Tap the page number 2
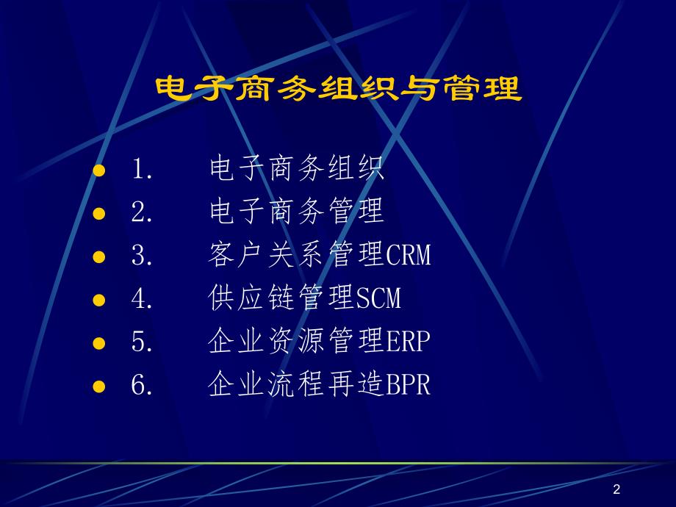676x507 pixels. [x=616, y=490]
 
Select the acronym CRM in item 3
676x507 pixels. [x=408, y=256]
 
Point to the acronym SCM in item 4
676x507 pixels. [x=378, y=299]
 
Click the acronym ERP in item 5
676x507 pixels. [x=408, y=342]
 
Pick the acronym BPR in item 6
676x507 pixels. [x=408, y=384]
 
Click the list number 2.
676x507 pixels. [x=141, y=213]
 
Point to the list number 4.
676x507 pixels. [x=141, y=299]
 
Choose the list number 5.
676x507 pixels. [x=141, y=342]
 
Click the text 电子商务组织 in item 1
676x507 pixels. [x=296, y=170]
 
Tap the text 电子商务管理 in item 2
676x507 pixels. [x=296, y=212]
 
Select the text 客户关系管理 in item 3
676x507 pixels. [x=296, y=256]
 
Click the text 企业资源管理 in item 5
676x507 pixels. [x=296, y=342]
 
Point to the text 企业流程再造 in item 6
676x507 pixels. [x=296, y=384]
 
